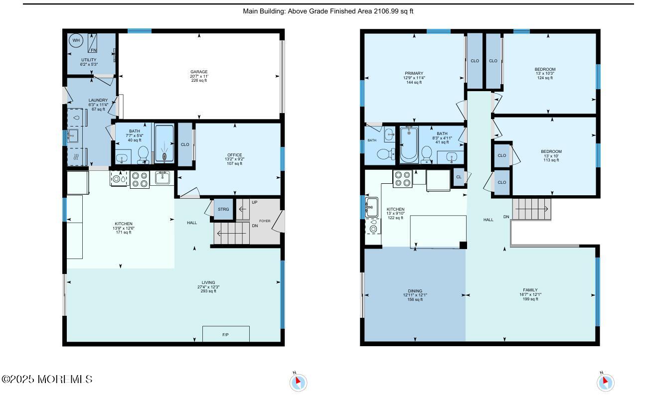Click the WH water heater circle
[76, 40]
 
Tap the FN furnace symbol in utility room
[92, 43]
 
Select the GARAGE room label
[199, 72]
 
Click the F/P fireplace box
[226, 334]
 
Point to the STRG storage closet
[223, 209]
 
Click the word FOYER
[265, 221]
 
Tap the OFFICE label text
[235, 155]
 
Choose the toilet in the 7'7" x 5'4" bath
[143, 154]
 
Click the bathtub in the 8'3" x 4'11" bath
[409, 144]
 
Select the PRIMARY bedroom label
[414, 73]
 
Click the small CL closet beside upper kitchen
[459, 177]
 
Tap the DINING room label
[415, 291]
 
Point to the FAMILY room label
[530, 290]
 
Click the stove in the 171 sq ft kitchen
[140, 180]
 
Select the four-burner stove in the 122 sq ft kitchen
[402, 178]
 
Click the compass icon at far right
[606, 383]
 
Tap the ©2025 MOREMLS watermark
[47, 379]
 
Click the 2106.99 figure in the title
[386, 11]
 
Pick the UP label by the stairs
[255, 202]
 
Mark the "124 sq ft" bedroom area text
[545, 78]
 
